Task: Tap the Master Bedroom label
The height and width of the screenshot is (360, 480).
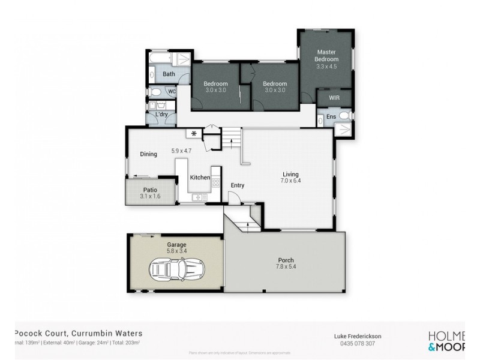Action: coord(327,56)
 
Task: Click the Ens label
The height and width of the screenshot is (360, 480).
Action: coord(331,116)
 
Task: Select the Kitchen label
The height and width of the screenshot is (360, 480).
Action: coord(200,178)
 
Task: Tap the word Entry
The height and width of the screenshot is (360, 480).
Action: coord(238,185)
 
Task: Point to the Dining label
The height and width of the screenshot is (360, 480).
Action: coord(148,154)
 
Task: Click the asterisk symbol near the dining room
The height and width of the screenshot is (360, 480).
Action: coord(194,133)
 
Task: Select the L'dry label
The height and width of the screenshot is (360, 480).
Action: coord(161,114)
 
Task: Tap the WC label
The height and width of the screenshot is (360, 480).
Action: coord(171,92)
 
